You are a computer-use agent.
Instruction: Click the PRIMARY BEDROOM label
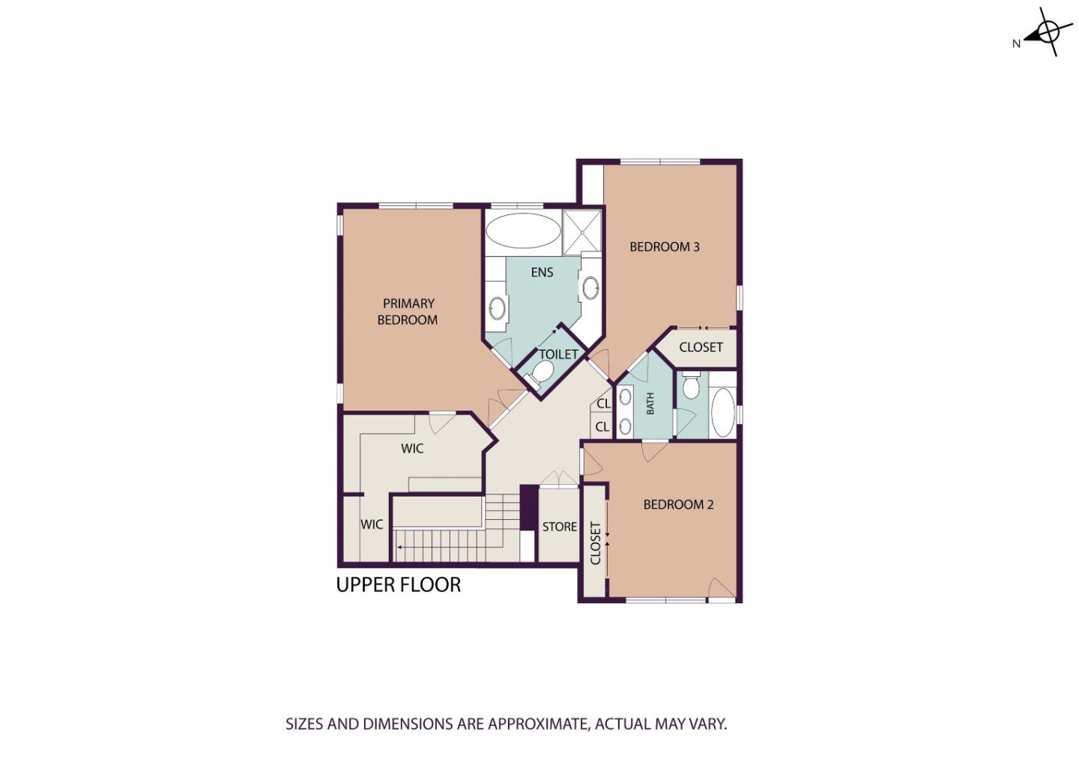408,312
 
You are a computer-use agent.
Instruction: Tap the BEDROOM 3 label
664,247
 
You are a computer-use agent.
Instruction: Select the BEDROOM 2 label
678,504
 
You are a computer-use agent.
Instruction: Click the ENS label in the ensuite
542,272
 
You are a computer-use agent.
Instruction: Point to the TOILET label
558,354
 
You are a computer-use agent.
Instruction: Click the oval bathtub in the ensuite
522,230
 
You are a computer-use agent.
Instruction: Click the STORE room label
559,527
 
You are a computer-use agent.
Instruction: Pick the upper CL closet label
603,403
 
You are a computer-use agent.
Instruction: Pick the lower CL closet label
602,427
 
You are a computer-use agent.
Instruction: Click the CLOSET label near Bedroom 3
701,347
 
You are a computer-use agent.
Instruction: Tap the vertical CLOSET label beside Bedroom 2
596,542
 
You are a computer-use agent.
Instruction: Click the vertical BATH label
650,403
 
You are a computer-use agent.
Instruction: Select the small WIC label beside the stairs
372,524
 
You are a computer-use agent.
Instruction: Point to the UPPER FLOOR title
398,584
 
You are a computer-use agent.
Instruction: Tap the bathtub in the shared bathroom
722,412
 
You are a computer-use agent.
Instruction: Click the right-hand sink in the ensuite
590,287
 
